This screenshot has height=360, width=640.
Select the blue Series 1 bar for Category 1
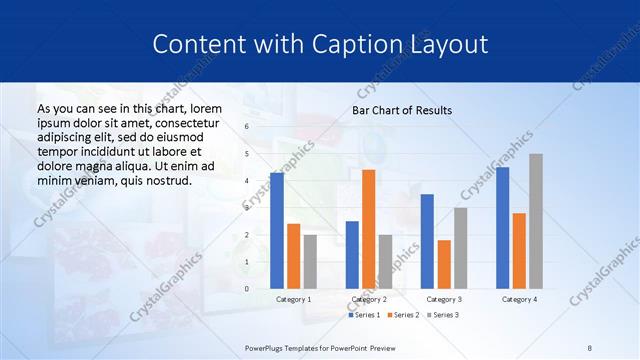[277, 230]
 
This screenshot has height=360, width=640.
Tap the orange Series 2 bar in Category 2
[369, 229]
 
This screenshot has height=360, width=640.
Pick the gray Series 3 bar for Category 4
[536, 221]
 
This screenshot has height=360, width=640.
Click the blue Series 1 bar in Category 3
[427, 241]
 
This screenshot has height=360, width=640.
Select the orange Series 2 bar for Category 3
[444, 264]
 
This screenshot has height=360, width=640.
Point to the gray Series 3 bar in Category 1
[310, 261]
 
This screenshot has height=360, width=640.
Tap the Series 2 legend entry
[403, 315]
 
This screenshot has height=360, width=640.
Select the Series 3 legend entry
[441, 315]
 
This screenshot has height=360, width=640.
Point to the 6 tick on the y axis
[246, 127]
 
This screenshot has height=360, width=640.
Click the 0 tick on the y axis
[246, 289]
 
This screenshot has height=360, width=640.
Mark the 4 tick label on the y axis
[246, 181]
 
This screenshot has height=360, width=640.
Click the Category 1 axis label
[294, 299]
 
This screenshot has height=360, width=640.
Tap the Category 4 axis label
[519, 299]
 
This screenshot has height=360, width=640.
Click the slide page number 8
[590, 347]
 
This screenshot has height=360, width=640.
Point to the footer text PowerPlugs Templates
[291, 347]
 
